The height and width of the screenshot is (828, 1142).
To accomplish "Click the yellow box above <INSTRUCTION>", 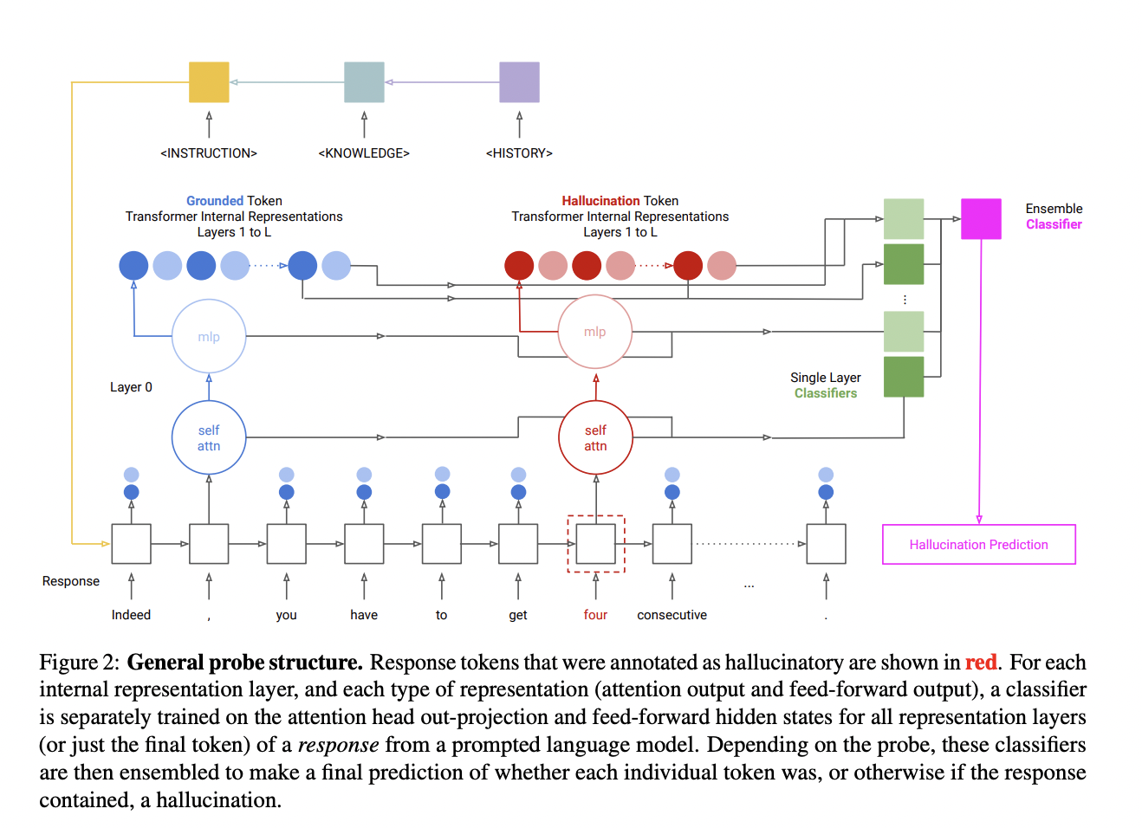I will [209, 82].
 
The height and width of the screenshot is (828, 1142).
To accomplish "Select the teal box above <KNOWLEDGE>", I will [364, 82].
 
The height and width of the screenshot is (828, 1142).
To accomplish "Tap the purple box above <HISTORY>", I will [519, 82].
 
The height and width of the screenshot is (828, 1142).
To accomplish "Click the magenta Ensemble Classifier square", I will [981, 218].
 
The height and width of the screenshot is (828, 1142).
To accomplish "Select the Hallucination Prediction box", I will [978, 545].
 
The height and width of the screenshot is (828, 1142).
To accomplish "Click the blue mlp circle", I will [209, 337].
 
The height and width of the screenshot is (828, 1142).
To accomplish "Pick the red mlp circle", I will [595, 332].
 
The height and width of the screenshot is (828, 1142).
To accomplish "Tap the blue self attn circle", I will [209, 437].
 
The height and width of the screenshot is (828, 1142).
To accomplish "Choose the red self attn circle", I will [595, 437].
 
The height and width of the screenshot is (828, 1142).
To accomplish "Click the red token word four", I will [595, 615].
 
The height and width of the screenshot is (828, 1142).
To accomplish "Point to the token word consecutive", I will [672, 615].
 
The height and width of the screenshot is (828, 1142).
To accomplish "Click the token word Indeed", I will [131, 615].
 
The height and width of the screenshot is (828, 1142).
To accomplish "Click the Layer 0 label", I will [131, 387].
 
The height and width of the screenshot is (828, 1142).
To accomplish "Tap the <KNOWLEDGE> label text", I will [364, 153].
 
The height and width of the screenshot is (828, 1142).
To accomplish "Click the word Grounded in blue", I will [214, 201].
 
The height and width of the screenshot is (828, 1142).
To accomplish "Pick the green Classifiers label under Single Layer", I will [825, 393].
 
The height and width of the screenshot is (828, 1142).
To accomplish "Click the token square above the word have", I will [364, 544].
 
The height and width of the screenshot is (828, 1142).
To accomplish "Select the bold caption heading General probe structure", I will [244, 663].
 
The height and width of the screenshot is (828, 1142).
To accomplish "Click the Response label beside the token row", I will [71, 581].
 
